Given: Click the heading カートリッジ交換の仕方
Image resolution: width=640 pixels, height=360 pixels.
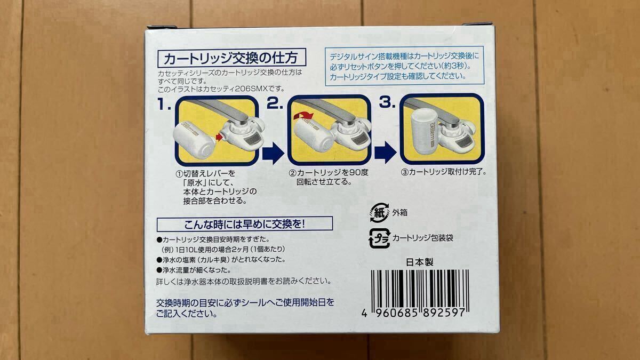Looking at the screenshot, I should tap(231, 56).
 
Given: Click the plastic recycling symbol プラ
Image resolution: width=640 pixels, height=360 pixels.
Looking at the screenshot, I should tap(377, 237).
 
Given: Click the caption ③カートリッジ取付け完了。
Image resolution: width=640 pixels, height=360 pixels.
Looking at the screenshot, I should tap(444, 172).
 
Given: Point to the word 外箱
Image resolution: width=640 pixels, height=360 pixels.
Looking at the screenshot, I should tap(399, 212).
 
